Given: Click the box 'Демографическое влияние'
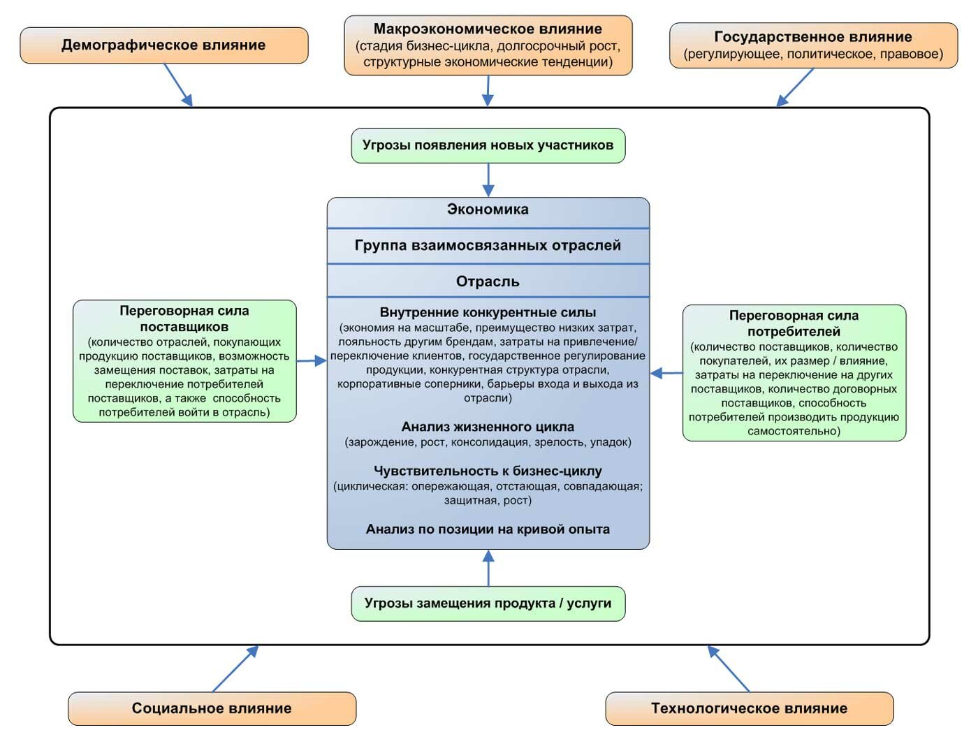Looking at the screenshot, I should pos(164,45).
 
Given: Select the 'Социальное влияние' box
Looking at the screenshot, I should pos(212,708).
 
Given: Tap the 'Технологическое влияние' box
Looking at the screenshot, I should pos(749,708).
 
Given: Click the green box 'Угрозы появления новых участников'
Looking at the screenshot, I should pos(488,145).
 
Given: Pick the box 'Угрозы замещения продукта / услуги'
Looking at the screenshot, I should pos(488,604).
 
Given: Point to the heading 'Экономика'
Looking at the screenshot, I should pos(488,210).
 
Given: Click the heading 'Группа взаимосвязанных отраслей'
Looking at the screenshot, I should pos(488,246).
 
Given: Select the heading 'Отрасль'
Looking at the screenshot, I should pos(488,281).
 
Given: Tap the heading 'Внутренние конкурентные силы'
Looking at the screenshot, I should pos(488,312).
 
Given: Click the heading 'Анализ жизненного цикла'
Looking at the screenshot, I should pos(488,427).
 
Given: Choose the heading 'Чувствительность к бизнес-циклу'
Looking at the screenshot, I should pos(488,471).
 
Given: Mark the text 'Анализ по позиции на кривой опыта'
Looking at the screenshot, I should pos(488,529).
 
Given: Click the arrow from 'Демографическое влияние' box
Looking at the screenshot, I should pos(178,85).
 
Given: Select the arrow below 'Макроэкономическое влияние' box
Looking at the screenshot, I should pos(488,91).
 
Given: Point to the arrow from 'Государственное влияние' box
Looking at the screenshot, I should pos(796,87).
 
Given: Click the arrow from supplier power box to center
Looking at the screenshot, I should pos(312,360).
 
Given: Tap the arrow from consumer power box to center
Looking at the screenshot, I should pos(666,373).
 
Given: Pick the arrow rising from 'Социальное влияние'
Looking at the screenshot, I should pos(235,668).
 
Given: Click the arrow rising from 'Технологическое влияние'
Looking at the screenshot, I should pos(728,668).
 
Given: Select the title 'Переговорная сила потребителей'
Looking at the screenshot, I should pos(794,323).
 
